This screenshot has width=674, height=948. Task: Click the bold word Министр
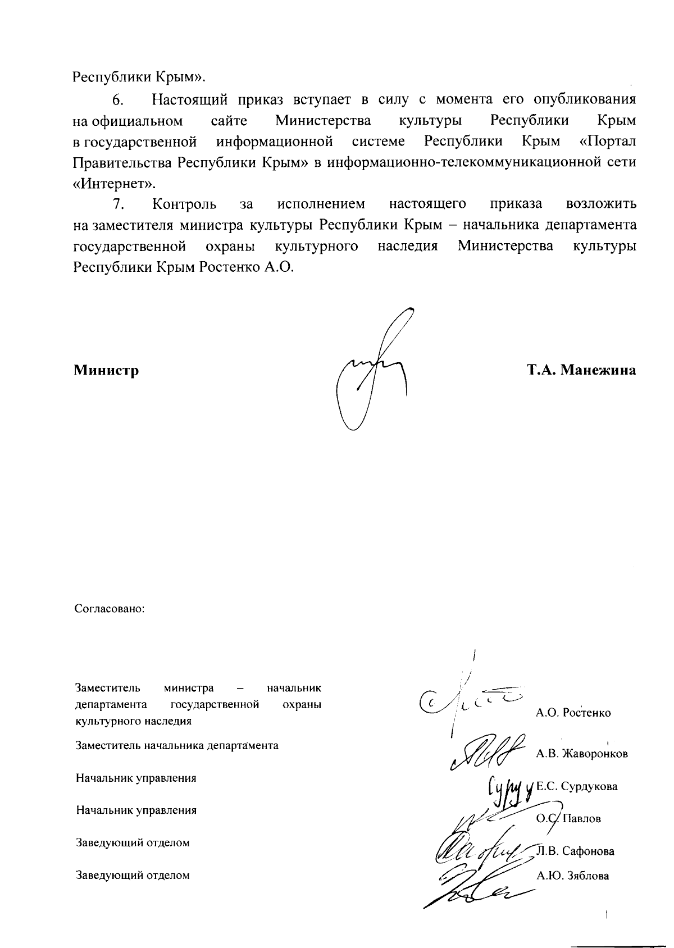(x=106, y=371)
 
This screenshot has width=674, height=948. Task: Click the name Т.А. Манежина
(x=581, y=371)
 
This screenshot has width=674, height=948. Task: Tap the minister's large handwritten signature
(x=371, y=371)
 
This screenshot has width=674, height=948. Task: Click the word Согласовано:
(x=110, y=609)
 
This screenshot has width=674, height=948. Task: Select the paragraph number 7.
(x=118, y=203)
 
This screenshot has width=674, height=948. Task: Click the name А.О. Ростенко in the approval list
(x=573, y=713)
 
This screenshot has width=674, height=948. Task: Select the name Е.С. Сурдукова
(x=577, y=786)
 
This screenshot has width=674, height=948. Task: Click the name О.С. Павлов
(x=568, y=819)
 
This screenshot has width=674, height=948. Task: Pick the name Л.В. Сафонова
(x=577, y=851)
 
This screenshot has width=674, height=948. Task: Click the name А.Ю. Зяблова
(x=573, y=876)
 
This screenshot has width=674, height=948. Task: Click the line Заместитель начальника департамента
(x=177, y=746)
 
